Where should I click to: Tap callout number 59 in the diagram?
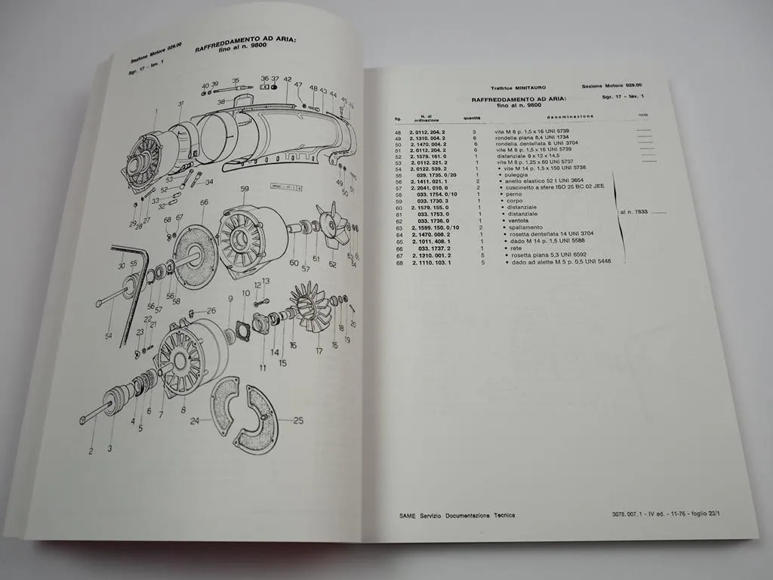tap(245, 189)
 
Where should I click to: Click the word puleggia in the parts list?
tap(514, 175)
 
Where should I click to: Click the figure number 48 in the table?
tap(399, 132)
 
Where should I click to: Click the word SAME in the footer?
tap(409, 515)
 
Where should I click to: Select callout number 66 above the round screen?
tap(205, 202)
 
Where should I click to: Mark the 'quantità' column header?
tap(473, 117)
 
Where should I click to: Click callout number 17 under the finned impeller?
tap(319, 350)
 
